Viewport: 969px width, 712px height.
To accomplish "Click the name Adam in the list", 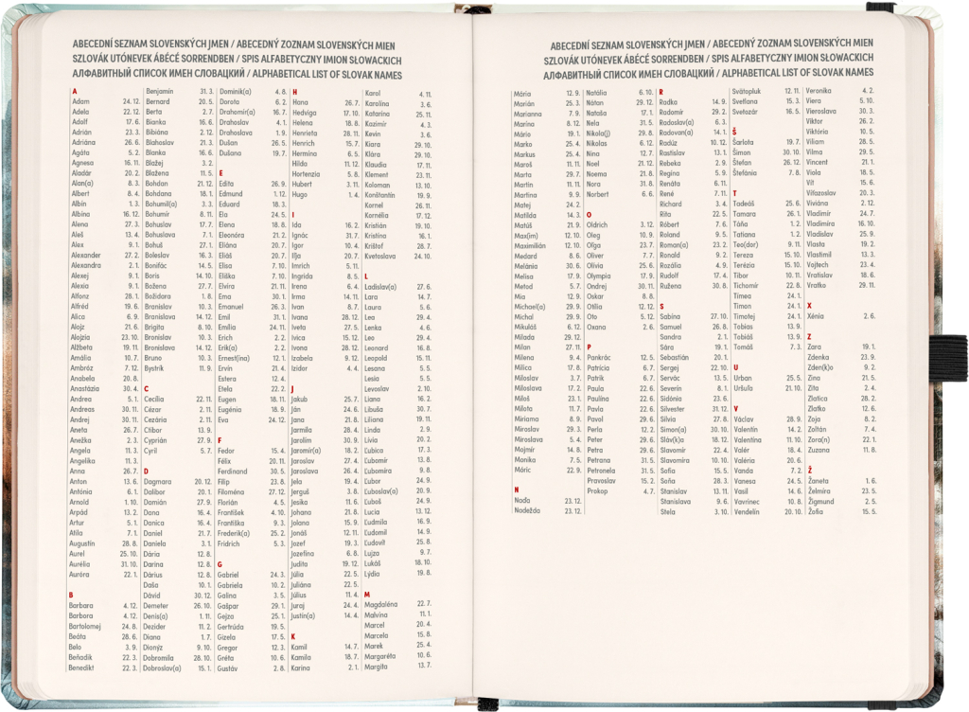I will pos(81,101).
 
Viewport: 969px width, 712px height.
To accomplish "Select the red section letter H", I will pos(294,91).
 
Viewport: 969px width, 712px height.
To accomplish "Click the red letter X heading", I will pos(809,306).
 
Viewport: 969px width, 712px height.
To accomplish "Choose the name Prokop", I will pos(597,491).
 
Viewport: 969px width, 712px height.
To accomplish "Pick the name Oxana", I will pos(597,327).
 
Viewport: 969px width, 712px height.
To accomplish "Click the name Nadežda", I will pos(528,511).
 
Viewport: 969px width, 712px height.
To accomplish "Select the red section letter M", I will pos(366,594).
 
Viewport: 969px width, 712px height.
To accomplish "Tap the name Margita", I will pos(376,667).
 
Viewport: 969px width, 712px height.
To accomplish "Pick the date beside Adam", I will pos(131,101).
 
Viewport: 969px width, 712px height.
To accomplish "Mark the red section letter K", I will pos(293,635).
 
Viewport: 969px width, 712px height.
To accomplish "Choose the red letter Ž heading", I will pos(810,471).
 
